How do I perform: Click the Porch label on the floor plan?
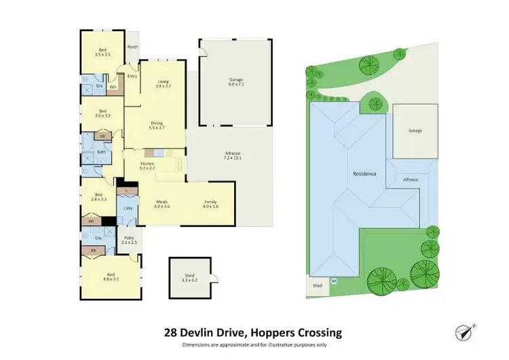[133, 47]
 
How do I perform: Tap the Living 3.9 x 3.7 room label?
[163, 84]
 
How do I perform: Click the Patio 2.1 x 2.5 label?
[130, 240]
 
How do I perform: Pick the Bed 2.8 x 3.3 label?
[100, 197]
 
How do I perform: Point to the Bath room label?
[100, 152]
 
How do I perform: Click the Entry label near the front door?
[132, 75]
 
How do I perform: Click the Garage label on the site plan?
[415, 130]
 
